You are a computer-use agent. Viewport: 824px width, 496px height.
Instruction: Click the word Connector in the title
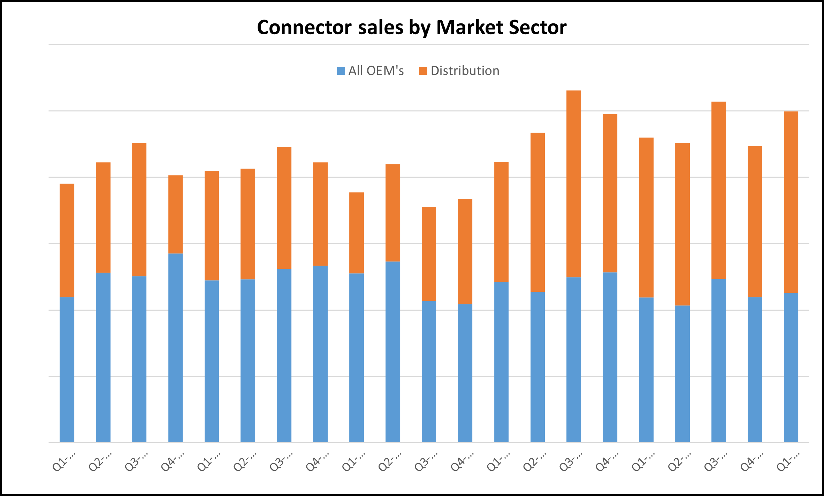coord(304,28)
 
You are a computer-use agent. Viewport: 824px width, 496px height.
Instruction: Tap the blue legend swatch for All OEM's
coord(341,71)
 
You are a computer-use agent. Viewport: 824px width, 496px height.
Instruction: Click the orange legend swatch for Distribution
coord(423,71)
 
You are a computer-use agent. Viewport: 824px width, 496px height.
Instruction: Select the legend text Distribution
coord(465,71)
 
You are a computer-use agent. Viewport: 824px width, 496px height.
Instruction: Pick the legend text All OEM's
coord(376,71)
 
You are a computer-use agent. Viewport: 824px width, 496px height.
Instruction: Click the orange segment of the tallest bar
coord(574,184)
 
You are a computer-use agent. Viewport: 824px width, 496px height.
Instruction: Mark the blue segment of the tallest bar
coord(574,360)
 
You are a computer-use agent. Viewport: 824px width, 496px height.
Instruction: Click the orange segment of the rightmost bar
coord(791,202)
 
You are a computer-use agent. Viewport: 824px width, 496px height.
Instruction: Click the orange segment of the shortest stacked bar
coord(429,254)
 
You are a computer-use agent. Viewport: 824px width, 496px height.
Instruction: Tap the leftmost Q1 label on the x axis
coord(64,462)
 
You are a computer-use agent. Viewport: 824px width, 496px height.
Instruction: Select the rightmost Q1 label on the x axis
coord(788,462)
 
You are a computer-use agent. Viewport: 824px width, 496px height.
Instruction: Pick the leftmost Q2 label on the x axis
coord(100,462)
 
